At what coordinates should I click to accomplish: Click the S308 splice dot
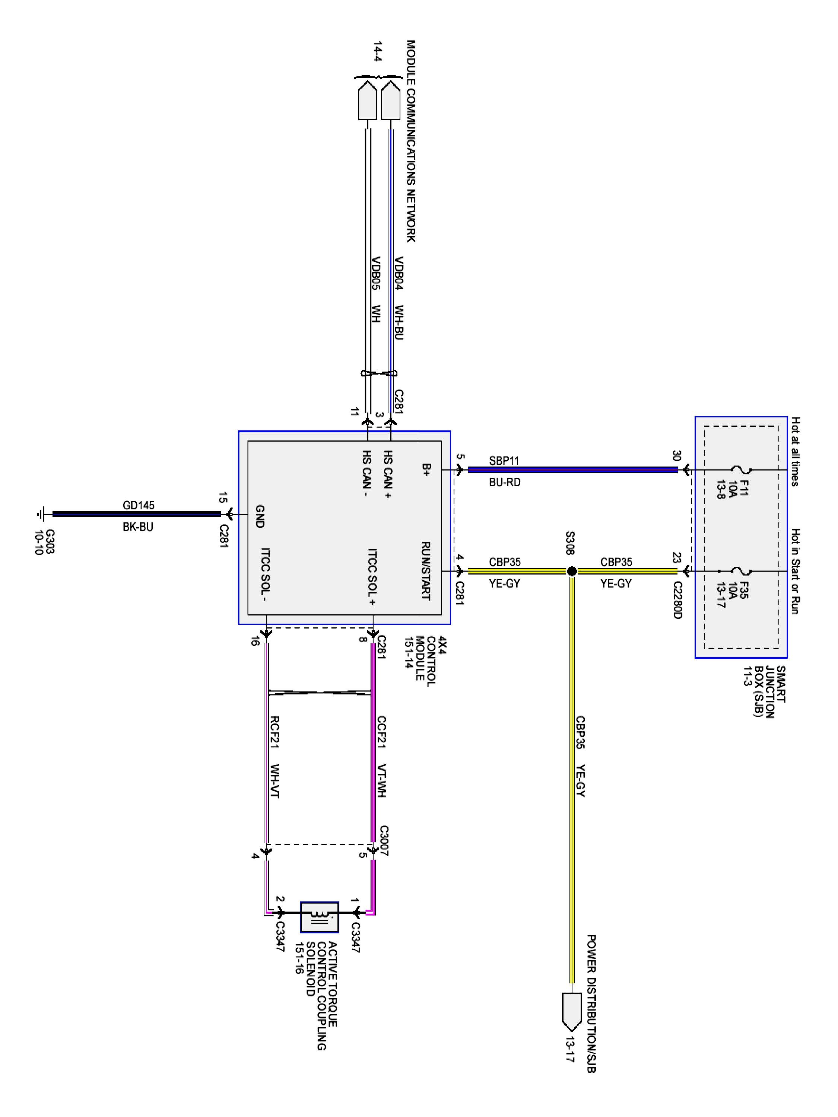point(572,571)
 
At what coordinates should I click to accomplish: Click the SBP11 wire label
point(504,461)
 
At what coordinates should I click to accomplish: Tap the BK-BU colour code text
point(137,527)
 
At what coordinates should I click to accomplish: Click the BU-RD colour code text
point(504,482)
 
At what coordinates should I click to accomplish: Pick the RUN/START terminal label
point(425,571)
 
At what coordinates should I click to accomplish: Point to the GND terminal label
point(260,516)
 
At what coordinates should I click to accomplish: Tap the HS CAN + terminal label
point(387,475)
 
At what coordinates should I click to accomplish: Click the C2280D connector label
point(677,600)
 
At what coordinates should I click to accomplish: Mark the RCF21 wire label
point(275,732)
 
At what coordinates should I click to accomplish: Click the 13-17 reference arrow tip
point(571,1029)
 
